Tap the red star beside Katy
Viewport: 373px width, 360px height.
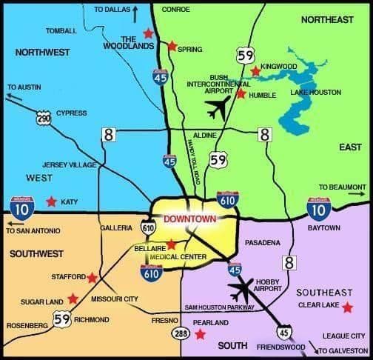tap(51, 201)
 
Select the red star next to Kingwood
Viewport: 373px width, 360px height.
tap(255, 72)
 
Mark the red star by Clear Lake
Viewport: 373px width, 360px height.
tap(347, 307)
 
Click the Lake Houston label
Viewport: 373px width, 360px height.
tap(317, 93)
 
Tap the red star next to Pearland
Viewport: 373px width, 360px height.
tap(200, 335)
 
